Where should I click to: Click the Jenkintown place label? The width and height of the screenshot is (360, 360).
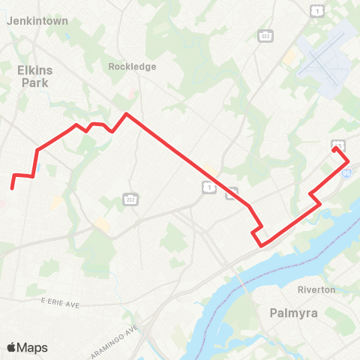pos(37,22)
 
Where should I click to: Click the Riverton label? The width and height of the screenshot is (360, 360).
pos(316,289)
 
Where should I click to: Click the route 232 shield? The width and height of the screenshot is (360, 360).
pos(129,198)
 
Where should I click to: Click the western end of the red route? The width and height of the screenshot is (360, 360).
pos(12,187)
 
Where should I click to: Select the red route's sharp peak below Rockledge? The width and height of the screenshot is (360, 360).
pos(127,114)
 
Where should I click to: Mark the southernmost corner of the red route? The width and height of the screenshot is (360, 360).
pos(261,245)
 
